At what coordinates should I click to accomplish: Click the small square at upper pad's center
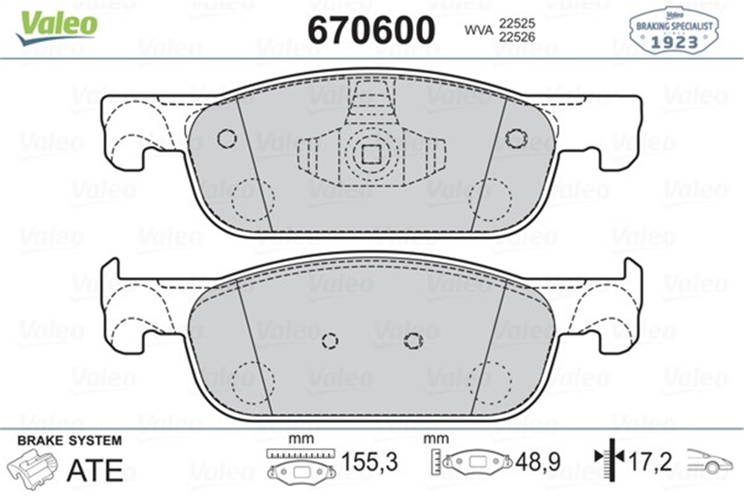coord(371,153)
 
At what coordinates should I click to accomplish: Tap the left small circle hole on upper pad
coord(227,138)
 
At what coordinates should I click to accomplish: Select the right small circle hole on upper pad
coord(515,138)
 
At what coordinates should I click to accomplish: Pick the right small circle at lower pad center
coord(412,339)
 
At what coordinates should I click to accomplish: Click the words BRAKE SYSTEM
coord(69,441)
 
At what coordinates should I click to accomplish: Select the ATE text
coord(95,469)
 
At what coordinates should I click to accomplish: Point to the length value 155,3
coord(370,462)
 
